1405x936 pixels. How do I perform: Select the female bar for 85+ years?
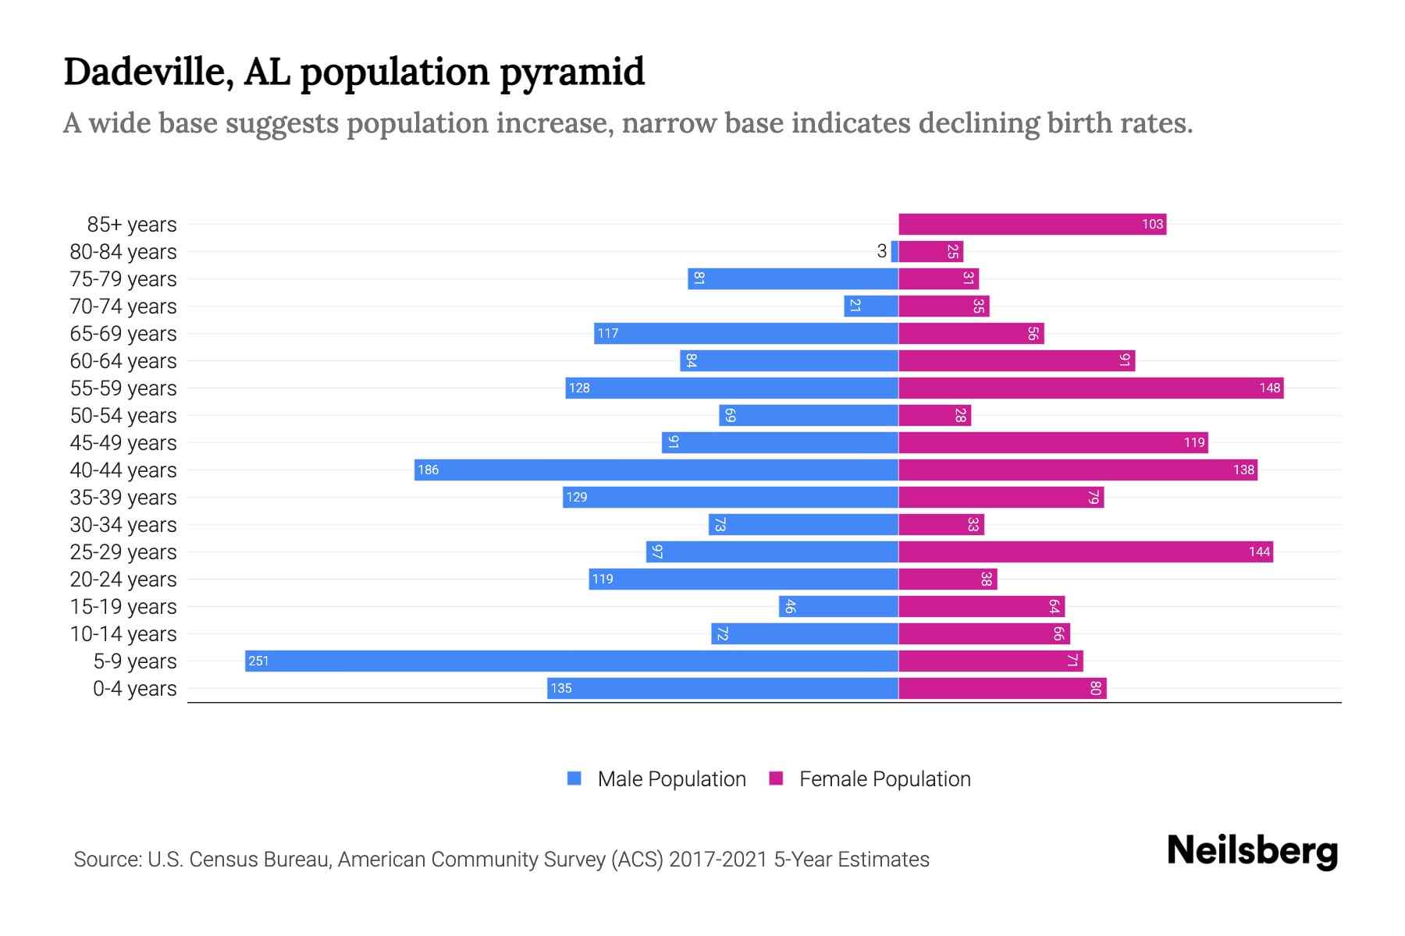(x=1032, y=224)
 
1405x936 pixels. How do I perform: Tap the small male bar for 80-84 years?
(x=895, y=251)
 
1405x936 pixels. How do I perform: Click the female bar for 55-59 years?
(x=1090, y=388)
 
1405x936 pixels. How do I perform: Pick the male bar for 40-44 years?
(x=656, y=470)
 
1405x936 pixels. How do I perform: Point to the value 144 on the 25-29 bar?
(x=1259, y=551)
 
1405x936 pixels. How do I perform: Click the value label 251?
(x=258, y=661)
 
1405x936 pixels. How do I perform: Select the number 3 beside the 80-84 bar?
(x=881, y=251)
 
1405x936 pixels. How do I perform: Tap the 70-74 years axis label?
(x=123, y=306)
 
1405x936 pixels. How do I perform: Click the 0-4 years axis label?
(x=134, y=688)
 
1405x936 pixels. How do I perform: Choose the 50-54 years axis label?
(x=123, y=415)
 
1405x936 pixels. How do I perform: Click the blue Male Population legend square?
(x=574, y=778)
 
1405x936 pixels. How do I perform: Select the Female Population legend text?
(x=884, y=778)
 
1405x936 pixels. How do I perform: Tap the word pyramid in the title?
(x=572, y=72)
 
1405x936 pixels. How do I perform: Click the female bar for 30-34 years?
(x=941, y=524)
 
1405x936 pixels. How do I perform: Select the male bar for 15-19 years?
(x=838, y=606)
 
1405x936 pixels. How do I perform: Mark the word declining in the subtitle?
(x=978, y=123)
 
